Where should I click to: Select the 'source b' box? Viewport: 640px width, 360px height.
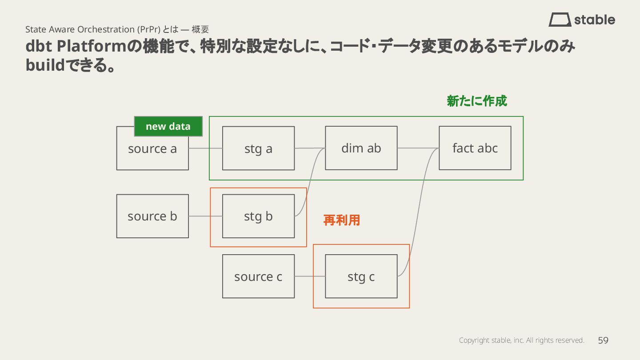coord(152,216)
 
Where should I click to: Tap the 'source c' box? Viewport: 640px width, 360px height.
coord(258,276)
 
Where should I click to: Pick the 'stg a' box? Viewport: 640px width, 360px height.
coord(258,148)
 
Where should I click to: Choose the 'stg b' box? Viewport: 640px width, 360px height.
coord(258,216)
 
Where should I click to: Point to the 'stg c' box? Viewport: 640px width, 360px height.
coord(361,276)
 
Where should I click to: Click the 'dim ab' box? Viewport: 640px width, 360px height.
coord(361,148)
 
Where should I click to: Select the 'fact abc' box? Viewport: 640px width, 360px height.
coord(475,148)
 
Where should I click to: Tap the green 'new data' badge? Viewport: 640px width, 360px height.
coord(168,126)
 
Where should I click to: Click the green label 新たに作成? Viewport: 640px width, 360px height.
coord(476,101)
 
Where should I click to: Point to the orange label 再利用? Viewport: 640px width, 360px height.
coord(341,220)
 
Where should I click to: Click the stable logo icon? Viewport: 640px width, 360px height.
coord(560,20)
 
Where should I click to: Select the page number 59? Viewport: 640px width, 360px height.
coord(603,340)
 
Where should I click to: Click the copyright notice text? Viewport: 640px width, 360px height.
coord(521,340)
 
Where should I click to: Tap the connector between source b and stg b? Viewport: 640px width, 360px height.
coord(205,216)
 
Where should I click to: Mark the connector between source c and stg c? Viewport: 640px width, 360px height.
coord(310,276)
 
